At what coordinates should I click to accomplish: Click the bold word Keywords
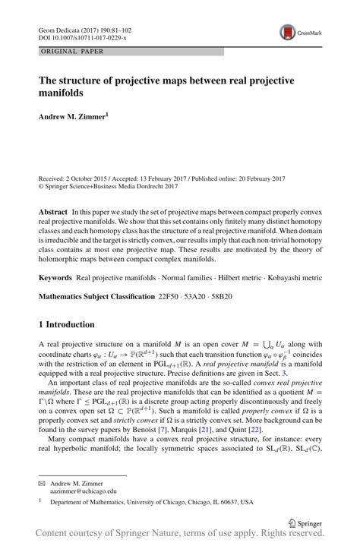point(56,257)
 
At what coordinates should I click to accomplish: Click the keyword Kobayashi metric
point(292,257)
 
